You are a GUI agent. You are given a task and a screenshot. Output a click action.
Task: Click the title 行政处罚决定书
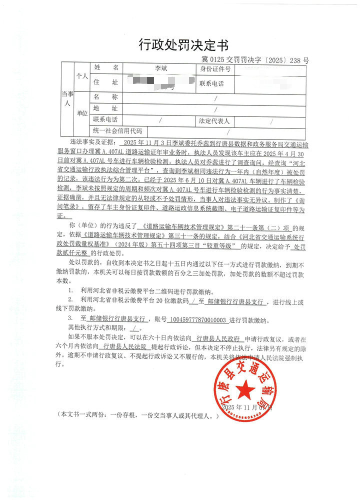(x=183, y=45)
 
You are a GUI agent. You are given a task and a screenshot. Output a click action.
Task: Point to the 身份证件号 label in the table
(x=215, y=69)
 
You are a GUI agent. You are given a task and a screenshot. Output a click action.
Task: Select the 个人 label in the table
(x=81, y=76)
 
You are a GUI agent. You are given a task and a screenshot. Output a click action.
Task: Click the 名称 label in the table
(x=105, y=97)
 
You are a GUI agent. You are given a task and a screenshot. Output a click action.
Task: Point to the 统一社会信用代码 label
(x=117, y=131)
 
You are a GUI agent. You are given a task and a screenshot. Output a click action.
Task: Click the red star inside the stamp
(x=245, y=388)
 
